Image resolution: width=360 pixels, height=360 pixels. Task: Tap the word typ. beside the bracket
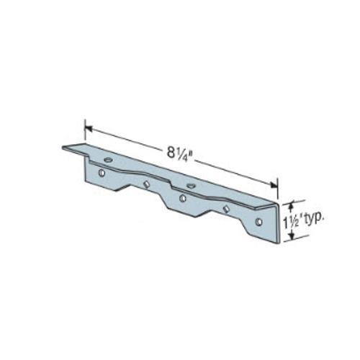click(x=314, y=220)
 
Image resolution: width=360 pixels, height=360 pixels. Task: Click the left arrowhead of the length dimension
click(x=89, y=129)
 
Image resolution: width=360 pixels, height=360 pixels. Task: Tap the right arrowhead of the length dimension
click(x=274, y=185)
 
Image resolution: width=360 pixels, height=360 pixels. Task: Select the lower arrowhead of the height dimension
click(x=292, y=236)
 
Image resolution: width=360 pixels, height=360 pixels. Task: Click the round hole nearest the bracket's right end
click(x=258, y=222)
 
